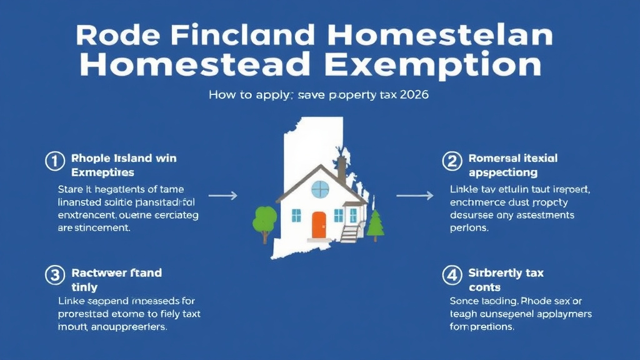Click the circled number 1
click(54, 161)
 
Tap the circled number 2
click(452, 161)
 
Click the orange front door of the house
click(319, 225)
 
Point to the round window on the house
click(319, 189)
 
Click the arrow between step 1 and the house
click(222, 196)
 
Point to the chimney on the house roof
click(342, 169)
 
